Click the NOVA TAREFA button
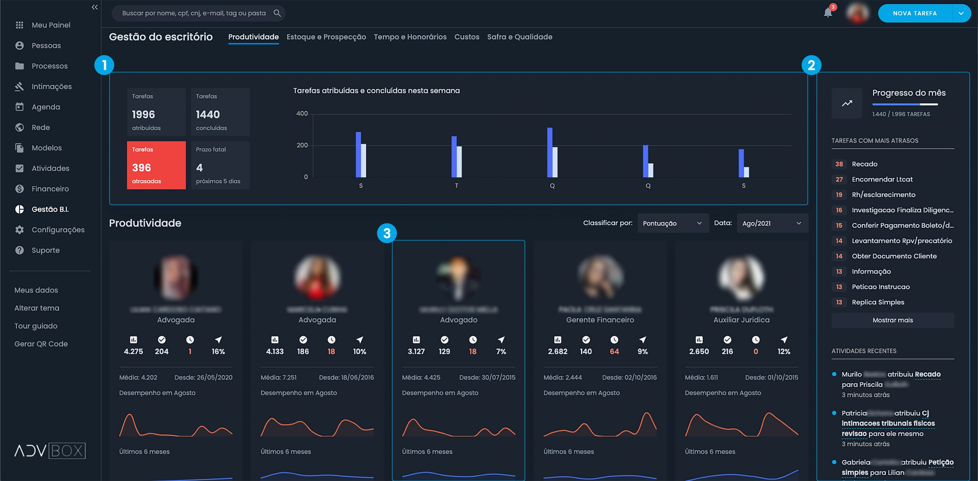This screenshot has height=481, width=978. click(x=915, y=13)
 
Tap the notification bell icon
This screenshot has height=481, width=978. click(x=827, y=13)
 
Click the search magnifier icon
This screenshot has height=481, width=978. click(x=277, y=13)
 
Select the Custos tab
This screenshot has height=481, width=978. click(x=466, y=37)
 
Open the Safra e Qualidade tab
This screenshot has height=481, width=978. click(x=520, y=37)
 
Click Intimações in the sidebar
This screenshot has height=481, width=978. click(x=52, y=87)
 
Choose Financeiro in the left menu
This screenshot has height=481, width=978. click(x=50, y=189)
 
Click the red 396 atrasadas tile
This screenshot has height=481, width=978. click(x=156, y=165)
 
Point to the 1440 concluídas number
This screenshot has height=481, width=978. click(x=208, y=115)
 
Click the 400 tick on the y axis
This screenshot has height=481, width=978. click(x=302, y=114)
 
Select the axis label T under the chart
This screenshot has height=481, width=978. click(x=457, y=186)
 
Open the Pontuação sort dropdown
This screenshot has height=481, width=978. click(x=672, y=223)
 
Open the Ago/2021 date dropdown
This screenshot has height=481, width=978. click(x=772, y=223)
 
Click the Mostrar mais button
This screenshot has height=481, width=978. click(x=892, y=321)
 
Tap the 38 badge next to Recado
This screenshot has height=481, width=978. click(x=839, y=164)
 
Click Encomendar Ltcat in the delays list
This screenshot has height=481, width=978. click(x=882, y=180)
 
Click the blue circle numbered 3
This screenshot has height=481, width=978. click(x=387, y=233)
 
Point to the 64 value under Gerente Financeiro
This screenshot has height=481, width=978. click(x=614, y=351)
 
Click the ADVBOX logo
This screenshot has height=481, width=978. click(x=50, y=451)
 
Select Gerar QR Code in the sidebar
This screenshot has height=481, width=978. click(x=41, y=344)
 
